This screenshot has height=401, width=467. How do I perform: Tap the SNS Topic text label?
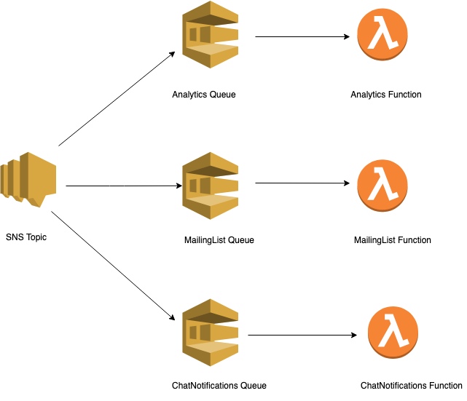[26, 237]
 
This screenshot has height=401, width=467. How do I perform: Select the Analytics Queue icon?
[211, 35]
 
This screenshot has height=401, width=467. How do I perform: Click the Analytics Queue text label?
[204, 95]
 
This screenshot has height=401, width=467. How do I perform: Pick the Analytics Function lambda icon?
[382, 36]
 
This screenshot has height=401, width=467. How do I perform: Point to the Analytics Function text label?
[386, 95]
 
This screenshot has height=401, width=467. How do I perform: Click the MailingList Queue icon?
[211, 185]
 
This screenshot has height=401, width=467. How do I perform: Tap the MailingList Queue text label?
[219, 240]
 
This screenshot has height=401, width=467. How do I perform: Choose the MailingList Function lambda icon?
[382, 185]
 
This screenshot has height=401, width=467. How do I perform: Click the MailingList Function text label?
[392, 240]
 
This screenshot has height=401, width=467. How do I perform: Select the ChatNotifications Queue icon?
[211, 333]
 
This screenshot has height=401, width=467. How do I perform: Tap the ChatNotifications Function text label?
[411, 386]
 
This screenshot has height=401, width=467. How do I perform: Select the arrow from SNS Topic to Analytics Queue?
[117, 99]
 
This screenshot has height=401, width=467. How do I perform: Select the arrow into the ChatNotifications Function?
[302, 336]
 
